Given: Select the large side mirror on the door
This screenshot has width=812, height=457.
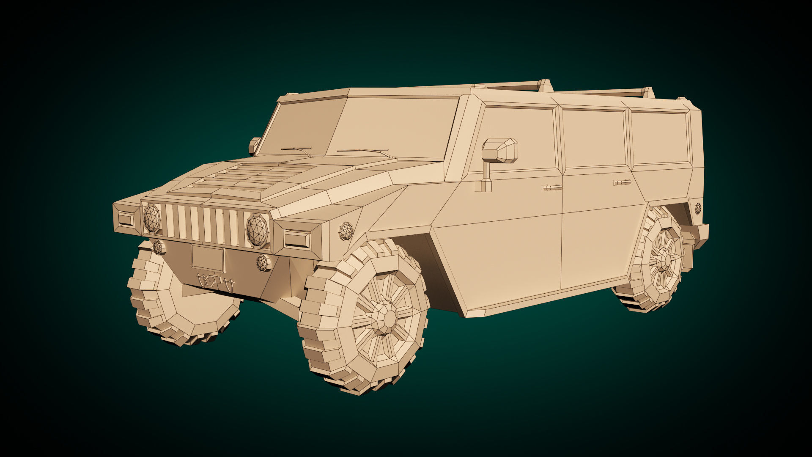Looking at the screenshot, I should [500, 151].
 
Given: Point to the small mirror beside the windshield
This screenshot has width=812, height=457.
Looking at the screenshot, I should [254, 145].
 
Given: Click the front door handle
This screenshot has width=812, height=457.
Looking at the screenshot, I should [552, 187].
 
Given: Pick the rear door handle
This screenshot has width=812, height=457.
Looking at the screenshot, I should [622, 182].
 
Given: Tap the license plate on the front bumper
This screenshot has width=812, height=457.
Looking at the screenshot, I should [208, 258].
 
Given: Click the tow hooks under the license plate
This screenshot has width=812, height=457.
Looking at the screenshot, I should [215, 282].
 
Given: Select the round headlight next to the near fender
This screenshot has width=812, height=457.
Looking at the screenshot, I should [258, 230].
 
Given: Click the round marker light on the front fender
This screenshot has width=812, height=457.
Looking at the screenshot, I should [346, 231].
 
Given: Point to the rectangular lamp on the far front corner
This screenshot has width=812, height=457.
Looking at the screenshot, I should [126, 218].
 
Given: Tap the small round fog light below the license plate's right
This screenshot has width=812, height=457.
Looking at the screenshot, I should [263, 263].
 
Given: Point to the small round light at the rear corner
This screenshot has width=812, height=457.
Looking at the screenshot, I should [698, 208].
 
